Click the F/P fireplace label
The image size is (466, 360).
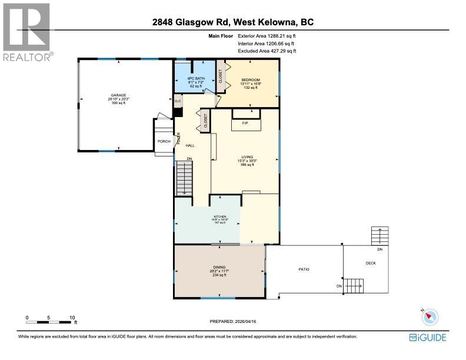point(246,123)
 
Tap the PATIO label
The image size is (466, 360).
point(303,269)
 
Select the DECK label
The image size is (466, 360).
point(370,264)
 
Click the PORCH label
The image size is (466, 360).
point(164,141)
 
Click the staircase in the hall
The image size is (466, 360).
point(185,175)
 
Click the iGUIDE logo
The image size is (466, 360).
point(427,337)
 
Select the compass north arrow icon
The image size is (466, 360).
point(431,316)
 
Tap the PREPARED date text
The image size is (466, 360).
point(233,321)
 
